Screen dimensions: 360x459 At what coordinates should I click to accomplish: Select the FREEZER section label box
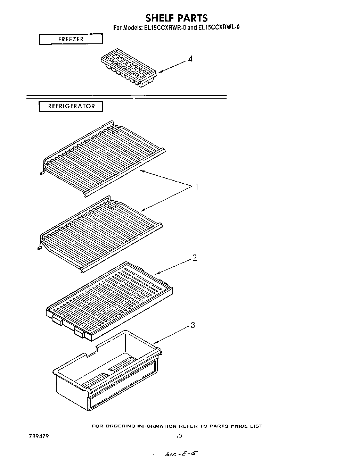(71, 39)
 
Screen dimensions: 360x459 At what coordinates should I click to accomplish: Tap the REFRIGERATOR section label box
(71, 106)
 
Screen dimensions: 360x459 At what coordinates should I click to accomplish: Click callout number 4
(190, 59)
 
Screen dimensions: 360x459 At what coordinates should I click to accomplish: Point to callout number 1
(196, 187)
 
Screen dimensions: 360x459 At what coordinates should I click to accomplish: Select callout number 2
(195, 258)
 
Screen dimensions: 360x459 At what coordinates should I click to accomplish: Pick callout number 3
(193, 325)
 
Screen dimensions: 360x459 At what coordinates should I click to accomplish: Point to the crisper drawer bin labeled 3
(108, 375)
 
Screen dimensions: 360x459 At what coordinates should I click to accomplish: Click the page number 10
(179, 436)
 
